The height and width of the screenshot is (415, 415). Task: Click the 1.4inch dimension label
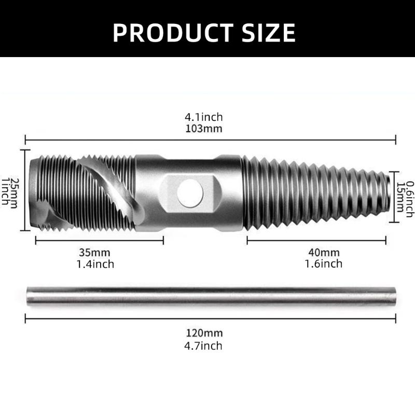coord(95,264)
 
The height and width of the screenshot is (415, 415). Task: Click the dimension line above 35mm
coord(99,240)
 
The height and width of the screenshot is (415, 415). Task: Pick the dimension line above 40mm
coord(316,240)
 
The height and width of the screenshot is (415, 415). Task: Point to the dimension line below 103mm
coord(210,139)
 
